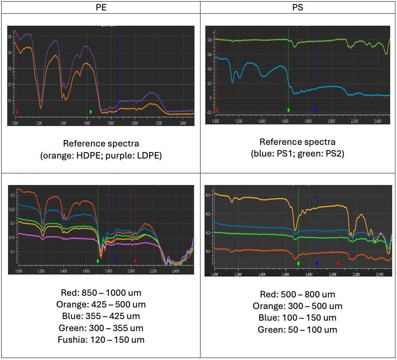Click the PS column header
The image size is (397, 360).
[x=298, y=7]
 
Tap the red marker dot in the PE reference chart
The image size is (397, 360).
[x=17, y=112]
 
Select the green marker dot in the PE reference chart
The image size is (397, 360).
[x=91, y=112]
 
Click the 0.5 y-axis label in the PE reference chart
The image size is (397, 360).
[x=10, y=37]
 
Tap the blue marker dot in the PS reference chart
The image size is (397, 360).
[x=315, y=110]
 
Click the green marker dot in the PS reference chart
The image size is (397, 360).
[x=288, y=110]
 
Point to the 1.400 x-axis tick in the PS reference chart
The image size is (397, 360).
[x=261, y=121]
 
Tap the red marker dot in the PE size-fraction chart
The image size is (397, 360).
[x=135, y=261]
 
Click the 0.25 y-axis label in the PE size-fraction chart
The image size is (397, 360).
[x=13, y=209]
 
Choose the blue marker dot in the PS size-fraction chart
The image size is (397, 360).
[x=317, y=263]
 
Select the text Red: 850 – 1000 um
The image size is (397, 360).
[x=101, y=293]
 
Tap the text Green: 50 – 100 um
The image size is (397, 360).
[x=298, y=329]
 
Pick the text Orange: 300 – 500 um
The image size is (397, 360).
[x=298, y=306]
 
